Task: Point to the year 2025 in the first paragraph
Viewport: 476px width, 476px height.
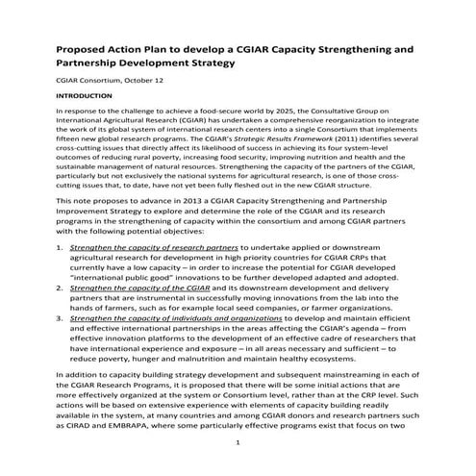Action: tap(249, 113)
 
